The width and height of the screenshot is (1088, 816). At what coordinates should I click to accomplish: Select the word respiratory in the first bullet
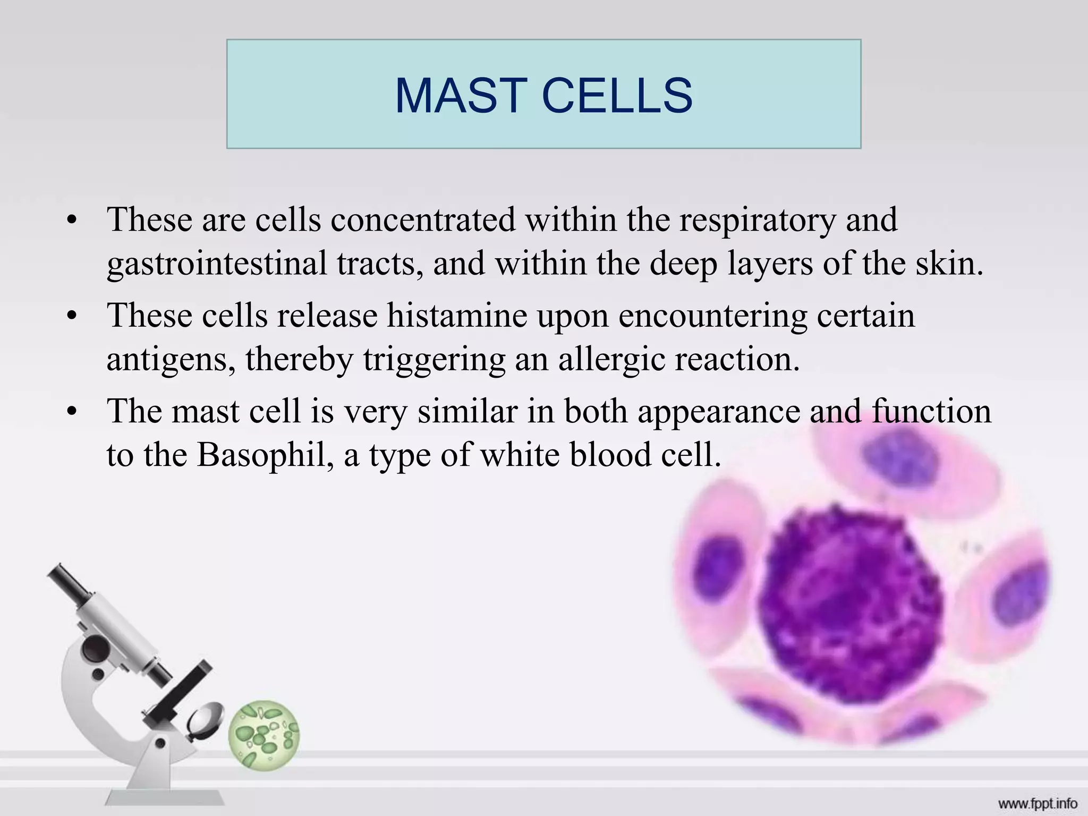pyautogui.click(x=757, y=220)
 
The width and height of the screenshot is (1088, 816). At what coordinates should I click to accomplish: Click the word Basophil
pyautogui.click(x=266, y=455)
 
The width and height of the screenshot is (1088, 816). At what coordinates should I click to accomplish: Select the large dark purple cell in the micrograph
pyautogui.click(x=850, y=600)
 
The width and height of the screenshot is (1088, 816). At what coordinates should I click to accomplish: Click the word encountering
pyautogui.click(x=712, y=316)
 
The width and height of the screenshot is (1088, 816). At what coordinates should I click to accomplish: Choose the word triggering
pyautogui.click(x=434, y=360)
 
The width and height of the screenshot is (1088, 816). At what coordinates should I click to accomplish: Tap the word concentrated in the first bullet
pyautogui.click(x=423, y=220)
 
